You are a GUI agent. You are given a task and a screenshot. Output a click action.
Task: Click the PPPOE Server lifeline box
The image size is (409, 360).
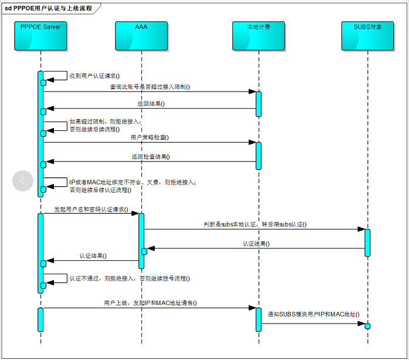click(x=40, y=36)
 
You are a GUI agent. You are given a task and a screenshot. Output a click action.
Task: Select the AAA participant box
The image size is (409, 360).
click(x=141, y=36)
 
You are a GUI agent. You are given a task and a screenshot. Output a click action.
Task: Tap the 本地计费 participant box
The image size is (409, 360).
click(x=259, y=36)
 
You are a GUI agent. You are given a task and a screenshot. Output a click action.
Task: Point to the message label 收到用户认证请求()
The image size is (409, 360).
click(x=94, y=76)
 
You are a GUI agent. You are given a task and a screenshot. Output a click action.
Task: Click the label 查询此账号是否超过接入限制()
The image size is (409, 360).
click(x=150, y=87)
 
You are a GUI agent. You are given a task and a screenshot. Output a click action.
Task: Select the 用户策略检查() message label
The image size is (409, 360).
click(x=150, y=137)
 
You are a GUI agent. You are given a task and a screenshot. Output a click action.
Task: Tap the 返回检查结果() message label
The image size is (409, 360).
click(x=151, y=157)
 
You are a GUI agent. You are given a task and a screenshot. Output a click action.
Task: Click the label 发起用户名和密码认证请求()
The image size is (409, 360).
click(x=91, y=209)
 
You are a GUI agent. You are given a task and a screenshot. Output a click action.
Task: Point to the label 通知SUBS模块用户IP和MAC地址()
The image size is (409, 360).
click(x=313, y=315)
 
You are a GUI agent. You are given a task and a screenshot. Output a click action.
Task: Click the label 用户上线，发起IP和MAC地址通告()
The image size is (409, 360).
click(x=150, y=303)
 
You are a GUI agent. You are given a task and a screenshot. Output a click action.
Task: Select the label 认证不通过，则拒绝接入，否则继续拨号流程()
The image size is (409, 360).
click(x=130, y=278)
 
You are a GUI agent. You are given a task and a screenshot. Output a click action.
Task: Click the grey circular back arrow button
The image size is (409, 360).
click(x=23, y=181)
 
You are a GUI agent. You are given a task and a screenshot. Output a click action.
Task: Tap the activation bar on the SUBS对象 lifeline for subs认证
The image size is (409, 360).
click(x=367, y=243)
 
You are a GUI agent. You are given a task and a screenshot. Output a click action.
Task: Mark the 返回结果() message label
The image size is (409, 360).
click(x=151, y=104)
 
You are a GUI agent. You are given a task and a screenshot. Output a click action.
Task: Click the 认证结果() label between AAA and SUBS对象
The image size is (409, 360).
click(x=256, y=243)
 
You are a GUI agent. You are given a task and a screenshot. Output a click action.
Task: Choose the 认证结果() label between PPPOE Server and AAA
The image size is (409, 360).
click(x=93, y=256)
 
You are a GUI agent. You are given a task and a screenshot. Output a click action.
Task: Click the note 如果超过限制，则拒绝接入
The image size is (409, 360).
click(x=102, y=122)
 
